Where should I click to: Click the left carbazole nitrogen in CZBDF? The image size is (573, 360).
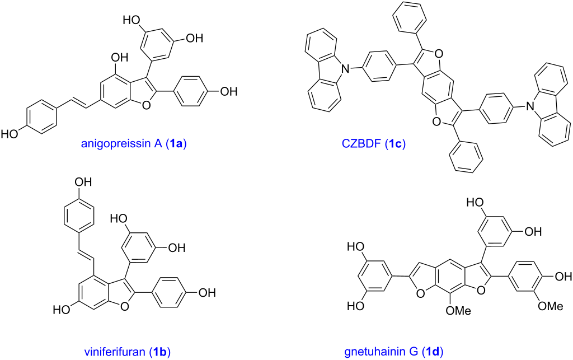tap(347, 69)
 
